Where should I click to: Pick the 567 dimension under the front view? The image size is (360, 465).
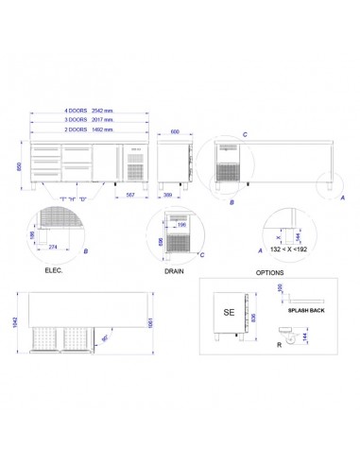[x=131, y=196]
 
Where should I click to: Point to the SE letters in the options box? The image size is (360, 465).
[x=228, y=311]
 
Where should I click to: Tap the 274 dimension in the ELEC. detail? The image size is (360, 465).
[x=53, y=248]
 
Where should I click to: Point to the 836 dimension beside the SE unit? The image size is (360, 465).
[x=256, y=317]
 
